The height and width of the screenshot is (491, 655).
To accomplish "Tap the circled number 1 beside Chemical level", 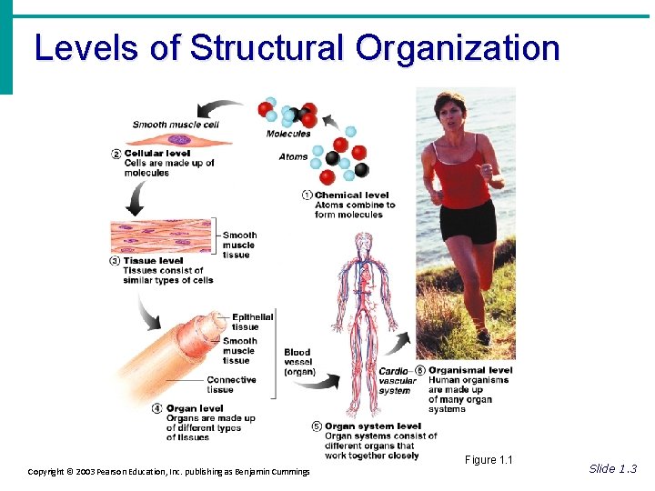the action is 307,195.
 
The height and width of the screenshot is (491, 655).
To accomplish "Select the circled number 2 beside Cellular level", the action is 116,154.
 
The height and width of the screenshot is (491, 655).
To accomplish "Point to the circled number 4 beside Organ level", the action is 157,408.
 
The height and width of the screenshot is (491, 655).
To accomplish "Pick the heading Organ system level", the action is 373,426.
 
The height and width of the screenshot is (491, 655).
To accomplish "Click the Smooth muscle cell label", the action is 176,125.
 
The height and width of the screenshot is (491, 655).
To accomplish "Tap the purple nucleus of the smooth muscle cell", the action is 180,139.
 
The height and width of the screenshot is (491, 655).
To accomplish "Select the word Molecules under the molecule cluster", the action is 288,134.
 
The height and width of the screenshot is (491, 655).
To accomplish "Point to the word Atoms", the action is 293,156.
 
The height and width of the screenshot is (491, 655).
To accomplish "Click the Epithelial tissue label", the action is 252,321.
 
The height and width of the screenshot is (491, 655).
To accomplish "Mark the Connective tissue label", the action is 231,385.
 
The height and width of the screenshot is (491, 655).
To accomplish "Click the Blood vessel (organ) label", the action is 298,362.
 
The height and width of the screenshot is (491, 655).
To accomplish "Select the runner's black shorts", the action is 468,221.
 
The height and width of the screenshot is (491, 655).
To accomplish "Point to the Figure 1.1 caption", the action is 489,460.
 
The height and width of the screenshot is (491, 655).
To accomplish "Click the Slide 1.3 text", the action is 613,468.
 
